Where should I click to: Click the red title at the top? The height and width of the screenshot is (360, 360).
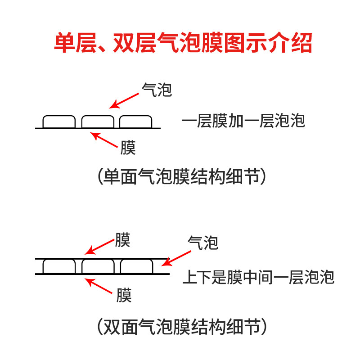[x=180, y=44]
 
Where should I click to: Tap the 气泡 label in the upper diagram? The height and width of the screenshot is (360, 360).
[x=157, y=90]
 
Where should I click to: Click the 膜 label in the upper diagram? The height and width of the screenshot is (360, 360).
[x=128, y=147]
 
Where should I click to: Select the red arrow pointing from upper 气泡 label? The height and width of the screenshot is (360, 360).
[x=125, y=100]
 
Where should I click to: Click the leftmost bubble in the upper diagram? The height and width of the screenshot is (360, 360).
[x=59, y=121]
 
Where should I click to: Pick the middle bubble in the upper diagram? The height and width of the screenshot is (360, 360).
[x=98, y=121]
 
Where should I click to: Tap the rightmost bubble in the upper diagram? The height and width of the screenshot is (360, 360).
[x=136, y=121]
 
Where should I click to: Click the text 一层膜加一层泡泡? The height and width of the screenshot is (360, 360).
[x=243, y=121]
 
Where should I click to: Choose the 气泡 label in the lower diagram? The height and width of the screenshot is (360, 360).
[x=202, y=243]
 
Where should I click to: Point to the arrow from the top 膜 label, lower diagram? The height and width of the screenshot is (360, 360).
[x=99, y=247]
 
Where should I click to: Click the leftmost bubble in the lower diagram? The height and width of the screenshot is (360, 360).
[x=59, y=266]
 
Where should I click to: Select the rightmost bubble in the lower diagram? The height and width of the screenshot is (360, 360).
[x=136, y=266]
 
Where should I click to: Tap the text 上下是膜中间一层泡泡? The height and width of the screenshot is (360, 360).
[x=258, y=277]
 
